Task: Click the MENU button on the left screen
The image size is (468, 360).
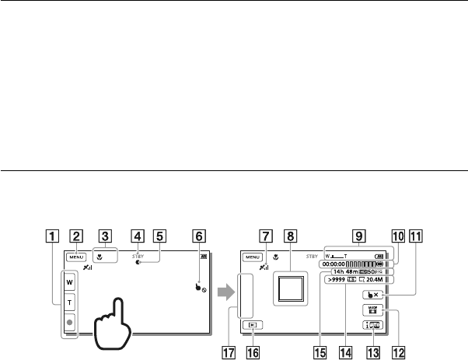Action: [x=75, y=256]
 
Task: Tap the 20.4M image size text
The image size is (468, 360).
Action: [x=379, y=281]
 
